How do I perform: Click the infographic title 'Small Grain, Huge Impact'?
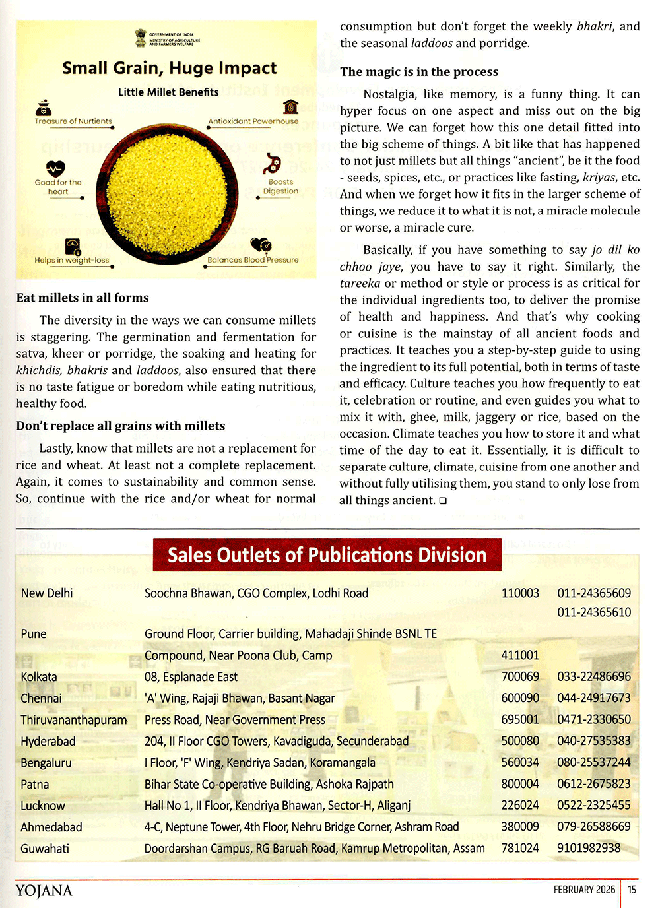[169, 68]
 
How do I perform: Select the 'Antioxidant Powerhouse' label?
[253, 121]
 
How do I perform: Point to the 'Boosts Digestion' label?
[280, 187]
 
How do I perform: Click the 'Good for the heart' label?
[58, 187]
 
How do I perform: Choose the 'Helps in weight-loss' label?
[72, 260]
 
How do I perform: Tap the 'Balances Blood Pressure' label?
[253, 260]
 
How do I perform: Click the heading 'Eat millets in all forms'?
[82, 298]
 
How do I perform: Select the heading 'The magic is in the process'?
[419, 72]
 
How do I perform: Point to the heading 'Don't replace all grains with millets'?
[121, 426]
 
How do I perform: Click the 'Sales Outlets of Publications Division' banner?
[327, 555]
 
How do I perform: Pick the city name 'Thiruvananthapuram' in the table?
[74, 720]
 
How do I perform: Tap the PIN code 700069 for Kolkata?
[520, 677]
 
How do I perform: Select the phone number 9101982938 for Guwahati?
[589, 848]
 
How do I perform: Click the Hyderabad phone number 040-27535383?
[594, 741]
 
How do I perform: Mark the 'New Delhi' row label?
[47, 593]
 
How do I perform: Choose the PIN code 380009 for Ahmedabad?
[520, 827]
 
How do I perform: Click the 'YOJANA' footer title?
[44, 891]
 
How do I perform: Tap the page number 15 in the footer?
[632, 890]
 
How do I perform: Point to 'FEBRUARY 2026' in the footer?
[584, 890]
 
